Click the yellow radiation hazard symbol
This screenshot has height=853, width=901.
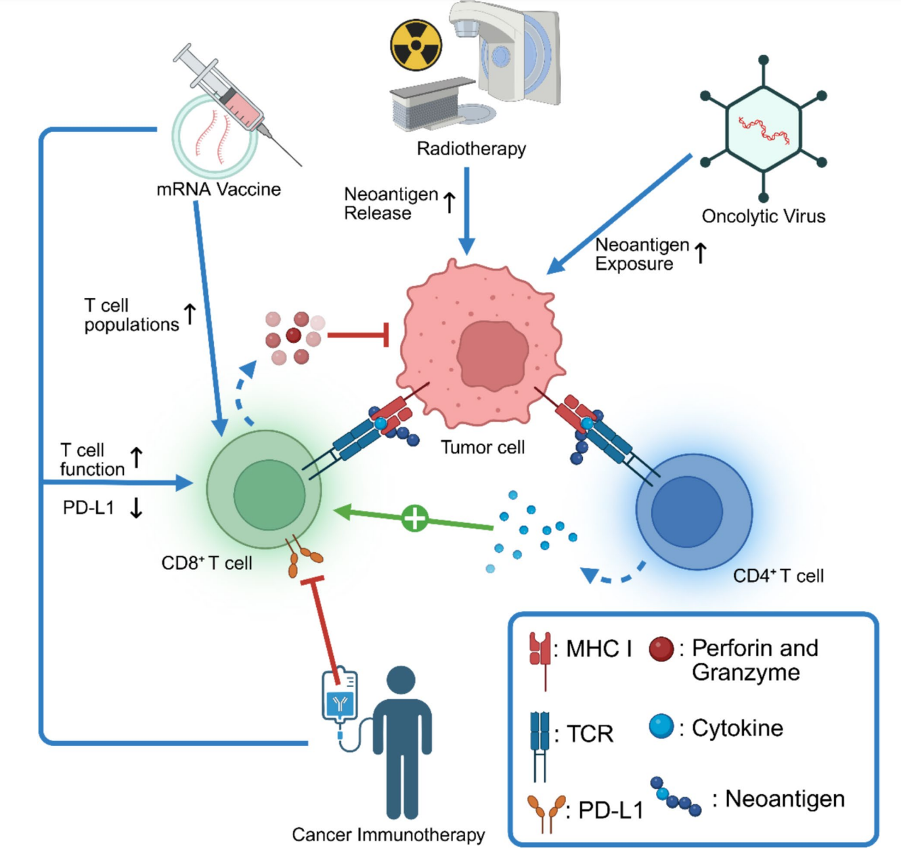tap(416, 45)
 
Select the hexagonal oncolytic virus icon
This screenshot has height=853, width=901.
tap(764, 128)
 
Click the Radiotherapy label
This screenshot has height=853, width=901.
tap(471, 148)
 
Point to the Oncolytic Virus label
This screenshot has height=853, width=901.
tap(763, 216)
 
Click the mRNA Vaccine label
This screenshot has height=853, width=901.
tap(218, 189)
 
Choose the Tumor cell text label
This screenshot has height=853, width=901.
tap(483, 447)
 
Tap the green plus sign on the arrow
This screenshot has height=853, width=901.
tap(414, 518)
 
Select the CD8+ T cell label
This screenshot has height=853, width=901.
tap(206, 563)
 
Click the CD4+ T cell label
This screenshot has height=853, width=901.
tap(778, 576)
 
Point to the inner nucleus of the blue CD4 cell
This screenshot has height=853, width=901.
tap(686, 512)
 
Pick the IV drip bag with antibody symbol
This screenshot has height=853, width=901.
tap(340, 698)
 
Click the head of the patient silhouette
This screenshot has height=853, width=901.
tap(401, 680)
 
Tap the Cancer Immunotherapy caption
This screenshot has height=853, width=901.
tap(388, 835)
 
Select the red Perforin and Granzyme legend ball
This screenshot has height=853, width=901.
tap(661, 649)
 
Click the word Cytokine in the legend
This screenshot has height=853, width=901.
tap(737, 728)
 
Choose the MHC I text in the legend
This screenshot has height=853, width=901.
tap(598, 649)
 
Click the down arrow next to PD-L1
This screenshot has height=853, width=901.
tap(136, 507)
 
